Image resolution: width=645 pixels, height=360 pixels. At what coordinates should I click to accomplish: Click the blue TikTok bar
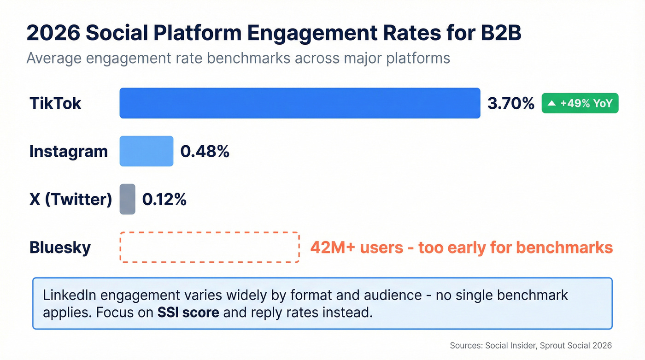coord(299,103)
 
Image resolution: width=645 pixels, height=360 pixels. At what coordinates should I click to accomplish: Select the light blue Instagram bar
coord(146,151)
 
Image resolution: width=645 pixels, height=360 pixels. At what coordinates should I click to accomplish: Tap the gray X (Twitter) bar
coord(128,199)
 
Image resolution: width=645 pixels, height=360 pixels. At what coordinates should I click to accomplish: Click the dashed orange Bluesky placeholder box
coord(210,248)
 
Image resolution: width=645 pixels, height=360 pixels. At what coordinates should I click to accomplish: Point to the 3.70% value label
coord(510,103)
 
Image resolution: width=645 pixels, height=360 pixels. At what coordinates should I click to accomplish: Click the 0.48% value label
coord(205,151)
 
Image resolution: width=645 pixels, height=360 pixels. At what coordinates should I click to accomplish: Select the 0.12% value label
coord(164,199)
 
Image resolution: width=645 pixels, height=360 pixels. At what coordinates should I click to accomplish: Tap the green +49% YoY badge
coord(580,103)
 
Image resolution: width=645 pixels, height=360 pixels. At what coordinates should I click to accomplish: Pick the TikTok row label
coord(55,103)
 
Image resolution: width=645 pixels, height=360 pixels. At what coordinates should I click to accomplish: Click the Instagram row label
coord(68,151)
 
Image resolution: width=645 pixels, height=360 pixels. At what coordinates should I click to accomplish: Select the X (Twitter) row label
coord(70,199)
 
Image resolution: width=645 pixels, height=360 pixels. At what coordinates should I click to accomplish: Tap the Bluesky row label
coord(60,248)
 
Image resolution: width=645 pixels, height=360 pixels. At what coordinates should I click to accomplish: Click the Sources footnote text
coord(531,345)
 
